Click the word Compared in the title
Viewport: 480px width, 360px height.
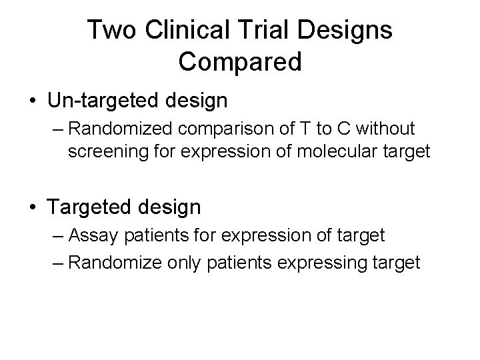[240, 62]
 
